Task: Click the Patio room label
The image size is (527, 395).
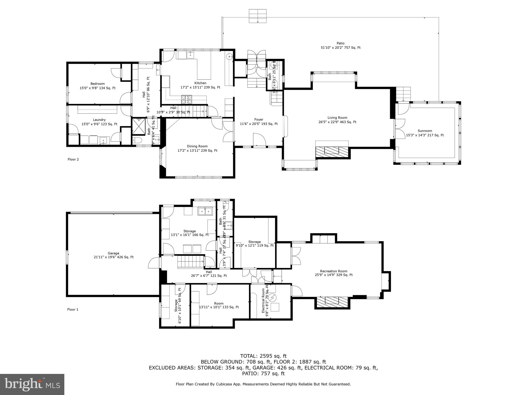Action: pos(340,43)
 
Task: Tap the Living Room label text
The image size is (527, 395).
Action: pos(337,118)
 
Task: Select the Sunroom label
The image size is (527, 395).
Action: pos(425,131)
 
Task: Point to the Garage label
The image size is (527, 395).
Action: pos(113,253)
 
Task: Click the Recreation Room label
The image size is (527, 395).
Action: pos(333,271)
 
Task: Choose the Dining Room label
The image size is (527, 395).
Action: pos(197,146)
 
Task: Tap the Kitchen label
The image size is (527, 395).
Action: pos(200,83)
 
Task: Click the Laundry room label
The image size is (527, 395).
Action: pos(99,120)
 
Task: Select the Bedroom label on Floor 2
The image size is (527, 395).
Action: pos(98,84)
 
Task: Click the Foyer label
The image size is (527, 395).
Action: pos(259,120)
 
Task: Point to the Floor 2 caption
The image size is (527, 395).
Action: pos(73,159)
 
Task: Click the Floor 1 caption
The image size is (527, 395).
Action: pos(73,310)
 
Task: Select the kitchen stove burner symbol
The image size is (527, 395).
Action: pos(187,99)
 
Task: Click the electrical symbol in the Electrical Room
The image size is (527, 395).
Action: pos(273,298)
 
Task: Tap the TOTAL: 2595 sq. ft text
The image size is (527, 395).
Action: pos(263,356)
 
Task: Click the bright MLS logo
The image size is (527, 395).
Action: pos(32,384)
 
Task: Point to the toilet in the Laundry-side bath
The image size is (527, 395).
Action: pos(136,140)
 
